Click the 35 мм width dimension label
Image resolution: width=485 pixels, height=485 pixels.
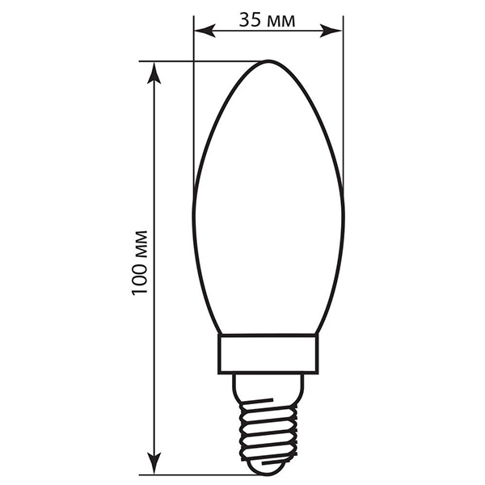coord(267,20)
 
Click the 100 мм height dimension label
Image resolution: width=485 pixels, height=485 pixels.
coord(140,263)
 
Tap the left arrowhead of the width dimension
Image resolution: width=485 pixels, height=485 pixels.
coord(205,31)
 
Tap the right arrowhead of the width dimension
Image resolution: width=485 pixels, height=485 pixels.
coord(331,31)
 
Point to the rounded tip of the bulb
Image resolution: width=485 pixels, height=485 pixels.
coord(268,61)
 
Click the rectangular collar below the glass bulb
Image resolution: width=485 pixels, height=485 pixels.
coord(268,354)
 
